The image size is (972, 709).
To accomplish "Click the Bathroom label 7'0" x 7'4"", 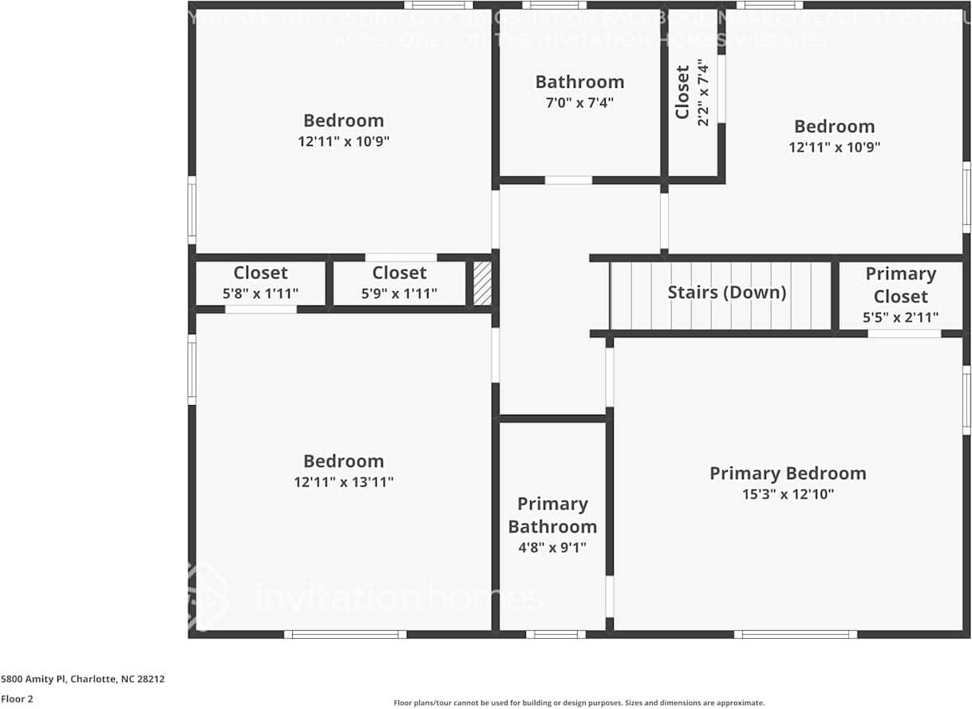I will click(x=579, y=92).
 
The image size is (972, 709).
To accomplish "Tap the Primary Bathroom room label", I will click(x=552, y=515).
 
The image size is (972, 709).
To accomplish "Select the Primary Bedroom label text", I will click(x=788, y=473).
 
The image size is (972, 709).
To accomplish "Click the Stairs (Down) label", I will click(x=726, y=293).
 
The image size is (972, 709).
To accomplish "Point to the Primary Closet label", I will click(x=900, y=285).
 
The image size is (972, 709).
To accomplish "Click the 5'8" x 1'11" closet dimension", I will click(x=260, y=293).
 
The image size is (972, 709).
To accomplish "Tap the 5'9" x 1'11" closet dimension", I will click(x=399, y=293).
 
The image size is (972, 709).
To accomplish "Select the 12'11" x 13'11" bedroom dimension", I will click(x=343, y=482).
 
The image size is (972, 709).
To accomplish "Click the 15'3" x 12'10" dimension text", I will click(x=788, y=494).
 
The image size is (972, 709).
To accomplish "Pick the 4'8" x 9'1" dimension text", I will click(x=552, y=547).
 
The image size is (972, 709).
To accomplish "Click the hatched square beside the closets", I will click(x=482, y=283).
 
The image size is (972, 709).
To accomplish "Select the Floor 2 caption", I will click(x=16, y=699).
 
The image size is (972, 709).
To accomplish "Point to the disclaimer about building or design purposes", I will click(x=579, y=703).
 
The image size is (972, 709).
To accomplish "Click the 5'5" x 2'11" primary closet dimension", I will click(x=900, y=317).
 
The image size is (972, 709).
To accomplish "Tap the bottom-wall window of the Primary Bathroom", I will click(x=555, y=635).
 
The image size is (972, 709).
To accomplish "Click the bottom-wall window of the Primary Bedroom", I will click(x=795, y=635).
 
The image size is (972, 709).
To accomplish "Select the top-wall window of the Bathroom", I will click(x=554, y=5).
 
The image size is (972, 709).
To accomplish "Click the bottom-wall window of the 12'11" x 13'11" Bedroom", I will click(x=345, y=635).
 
